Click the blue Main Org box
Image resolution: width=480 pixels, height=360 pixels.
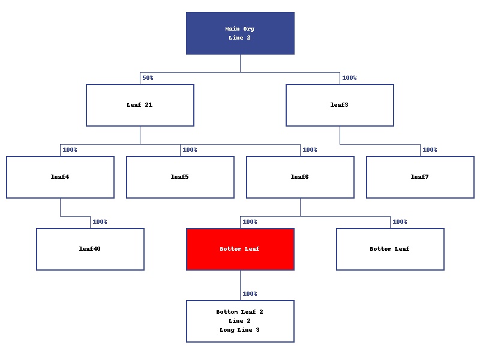pos(240,33)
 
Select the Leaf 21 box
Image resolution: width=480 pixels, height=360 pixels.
pos(140,105)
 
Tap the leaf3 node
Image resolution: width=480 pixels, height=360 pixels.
pos(340,105)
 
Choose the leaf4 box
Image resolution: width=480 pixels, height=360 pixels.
pos(60,177)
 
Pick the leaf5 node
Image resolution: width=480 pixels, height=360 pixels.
pos(180,177)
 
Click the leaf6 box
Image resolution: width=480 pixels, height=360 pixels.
pos(300,177)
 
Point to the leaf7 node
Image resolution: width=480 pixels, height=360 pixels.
pos(420,177)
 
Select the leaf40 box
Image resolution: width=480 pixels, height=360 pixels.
pos(90,249)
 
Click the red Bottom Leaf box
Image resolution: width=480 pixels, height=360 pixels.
pos(240,249)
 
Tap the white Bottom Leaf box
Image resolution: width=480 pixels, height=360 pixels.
pos(390,249)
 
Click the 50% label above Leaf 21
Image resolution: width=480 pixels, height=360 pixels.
pos(148,78)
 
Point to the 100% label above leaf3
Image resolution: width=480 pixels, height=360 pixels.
pos(349,78)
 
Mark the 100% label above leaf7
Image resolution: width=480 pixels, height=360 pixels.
pos(430,150)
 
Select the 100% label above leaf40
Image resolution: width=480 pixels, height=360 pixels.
pos(100,222)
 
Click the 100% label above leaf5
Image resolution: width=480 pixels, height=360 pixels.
pos(190,150)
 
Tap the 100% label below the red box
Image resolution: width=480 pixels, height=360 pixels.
pos(250,294)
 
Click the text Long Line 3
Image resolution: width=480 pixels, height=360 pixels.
pos(240,330)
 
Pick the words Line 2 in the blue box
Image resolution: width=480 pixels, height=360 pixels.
pos(240,38)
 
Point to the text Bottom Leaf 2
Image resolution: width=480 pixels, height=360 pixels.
pos(240,312)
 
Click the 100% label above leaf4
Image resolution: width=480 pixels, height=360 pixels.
pos(70,150)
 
